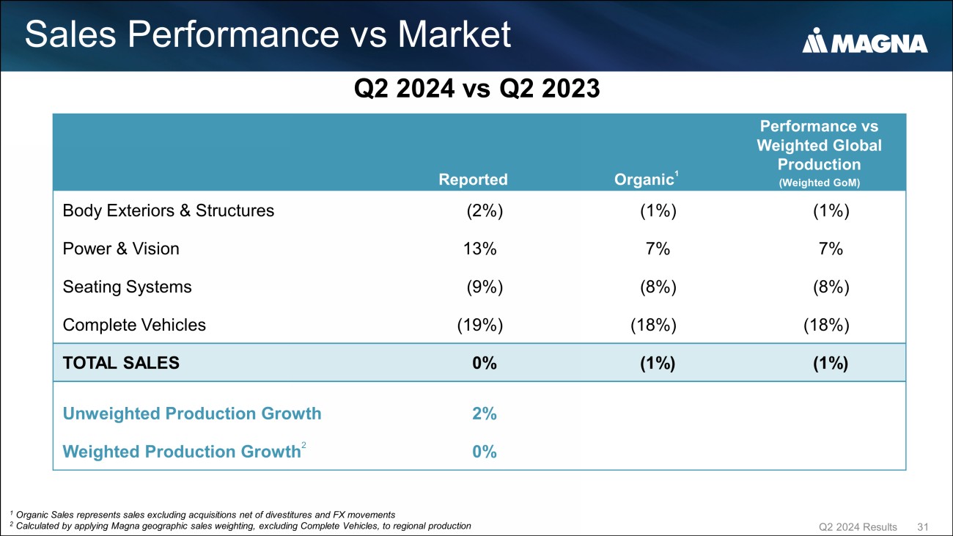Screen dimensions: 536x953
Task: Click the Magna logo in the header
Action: pos(865,42)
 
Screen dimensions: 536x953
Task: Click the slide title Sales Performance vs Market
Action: pos(268,35)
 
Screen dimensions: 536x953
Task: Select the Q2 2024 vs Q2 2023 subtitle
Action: pos(476,90)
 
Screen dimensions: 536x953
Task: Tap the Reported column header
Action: pos(473,180)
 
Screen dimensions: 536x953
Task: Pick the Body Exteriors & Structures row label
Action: pos(169,211)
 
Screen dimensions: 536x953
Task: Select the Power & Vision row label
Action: pos(121,249)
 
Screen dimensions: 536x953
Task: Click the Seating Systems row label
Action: pos(128,287)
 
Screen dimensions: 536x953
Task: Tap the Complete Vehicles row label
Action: pos(134,325)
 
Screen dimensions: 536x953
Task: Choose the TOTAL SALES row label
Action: pos(121,363)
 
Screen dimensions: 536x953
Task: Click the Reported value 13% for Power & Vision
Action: pos(476,249)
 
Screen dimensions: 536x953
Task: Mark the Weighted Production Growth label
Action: pos(182,452)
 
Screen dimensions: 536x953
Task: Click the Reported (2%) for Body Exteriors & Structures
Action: pos(485,211)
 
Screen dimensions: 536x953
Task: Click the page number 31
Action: pos(923,527)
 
